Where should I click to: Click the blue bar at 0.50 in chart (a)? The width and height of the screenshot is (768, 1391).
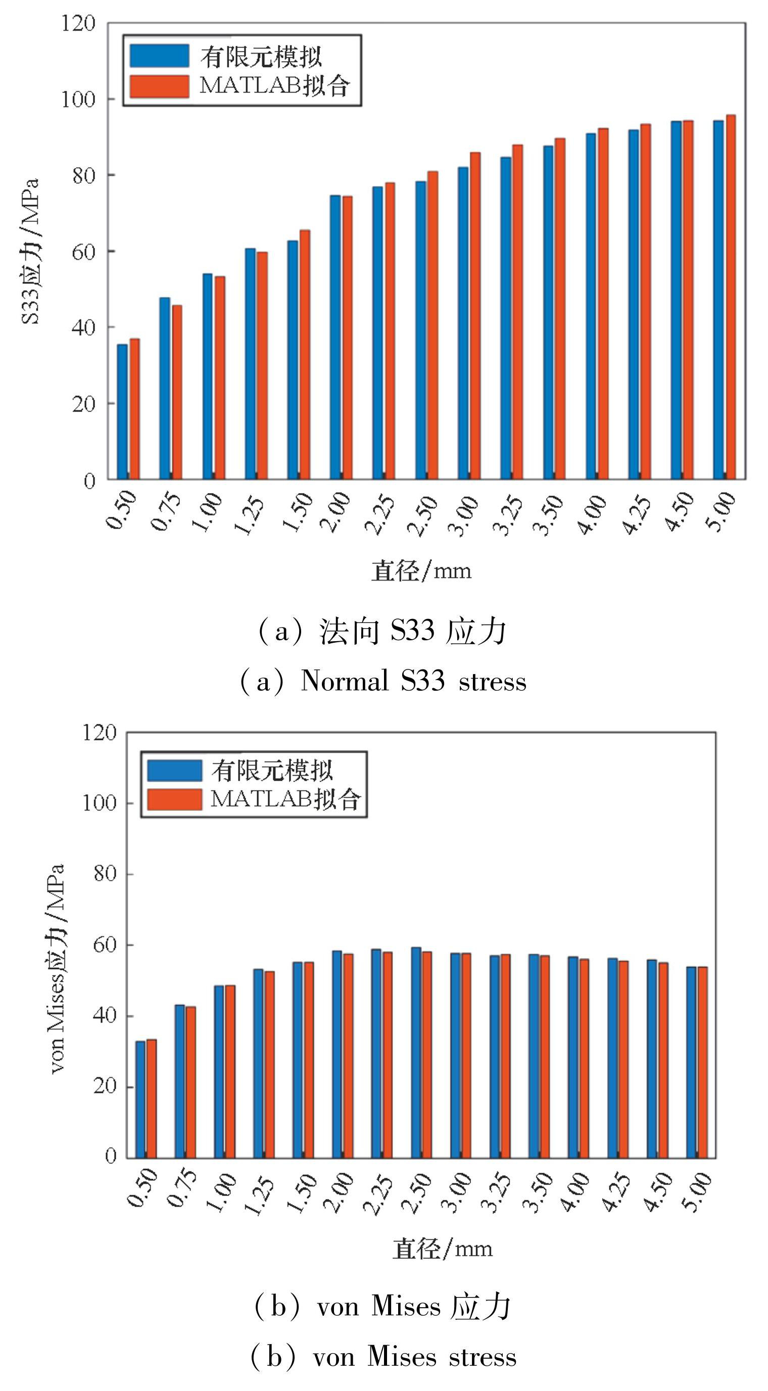click(123, 411)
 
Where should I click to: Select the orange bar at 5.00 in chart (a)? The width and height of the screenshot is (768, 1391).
click(730, 297)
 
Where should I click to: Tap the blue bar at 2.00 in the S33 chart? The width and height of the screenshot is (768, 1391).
click(335, 337)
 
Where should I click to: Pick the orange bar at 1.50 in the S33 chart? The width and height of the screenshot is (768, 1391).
click(305, 354)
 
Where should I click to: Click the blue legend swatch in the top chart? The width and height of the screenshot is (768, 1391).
click(159, 56)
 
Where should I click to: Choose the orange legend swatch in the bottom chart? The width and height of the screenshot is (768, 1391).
click(174, 799)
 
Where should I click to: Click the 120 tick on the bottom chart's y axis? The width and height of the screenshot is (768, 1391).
click(99, 733)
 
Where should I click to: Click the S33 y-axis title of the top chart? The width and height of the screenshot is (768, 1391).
click(30, 251)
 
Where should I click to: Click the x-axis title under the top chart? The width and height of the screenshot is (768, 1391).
click(421, 571)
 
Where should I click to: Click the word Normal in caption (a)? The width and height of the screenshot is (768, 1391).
click(345, 681)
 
